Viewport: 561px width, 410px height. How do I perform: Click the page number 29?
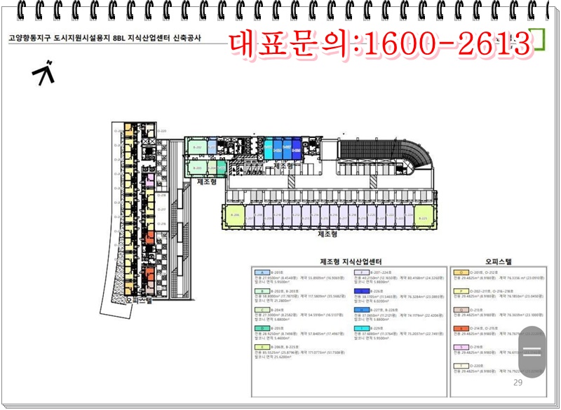(x=518, y=383)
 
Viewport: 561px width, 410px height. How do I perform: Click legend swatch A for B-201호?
(x=261, y=272)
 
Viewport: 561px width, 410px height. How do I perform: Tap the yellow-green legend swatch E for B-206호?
(x=261, y=347)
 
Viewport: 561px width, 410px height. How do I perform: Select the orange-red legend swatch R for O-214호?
(x=461, y=328)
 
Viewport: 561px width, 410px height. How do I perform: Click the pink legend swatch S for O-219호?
(x=461, y=347)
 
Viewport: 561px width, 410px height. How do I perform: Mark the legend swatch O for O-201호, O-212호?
(x=461, y=272)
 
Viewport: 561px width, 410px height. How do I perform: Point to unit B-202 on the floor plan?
(x=197, y=149)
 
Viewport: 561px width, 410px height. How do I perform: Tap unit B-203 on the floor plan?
(x=197, y=168)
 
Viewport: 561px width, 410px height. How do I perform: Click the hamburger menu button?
(x=532, y=353)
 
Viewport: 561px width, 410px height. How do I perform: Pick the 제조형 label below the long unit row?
(x=328, y=234)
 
